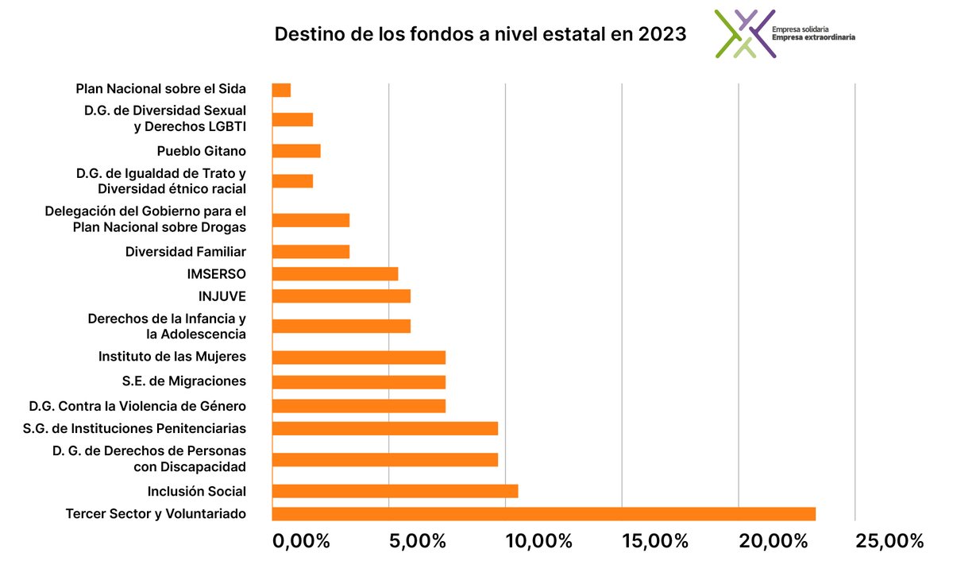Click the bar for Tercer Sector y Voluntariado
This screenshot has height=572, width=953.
543,513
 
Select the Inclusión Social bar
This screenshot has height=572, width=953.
395,491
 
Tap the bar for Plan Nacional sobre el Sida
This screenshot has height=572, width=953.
281,90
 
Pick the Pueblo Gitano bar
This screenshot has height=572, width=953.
296,151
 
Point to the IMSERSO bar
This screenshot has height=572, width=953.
334,274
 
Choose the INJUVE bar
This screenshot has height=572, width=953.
341,296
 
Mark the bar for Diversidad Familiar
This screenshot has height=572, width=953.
311,252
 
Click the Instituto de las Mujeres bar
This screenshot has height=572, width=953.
358,357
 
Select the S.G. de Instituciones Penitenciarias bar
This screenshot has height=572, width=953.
384,428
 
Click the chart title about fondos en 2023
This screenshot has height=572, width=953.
480,36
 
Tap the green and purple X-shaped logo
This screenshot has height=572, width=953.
744,33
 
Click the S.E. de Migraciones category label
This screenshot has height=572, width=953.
184,381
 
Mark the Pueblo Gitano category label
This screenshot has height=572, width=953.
202,151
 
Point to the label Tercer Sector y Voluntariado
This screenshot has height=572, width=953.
156,513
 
